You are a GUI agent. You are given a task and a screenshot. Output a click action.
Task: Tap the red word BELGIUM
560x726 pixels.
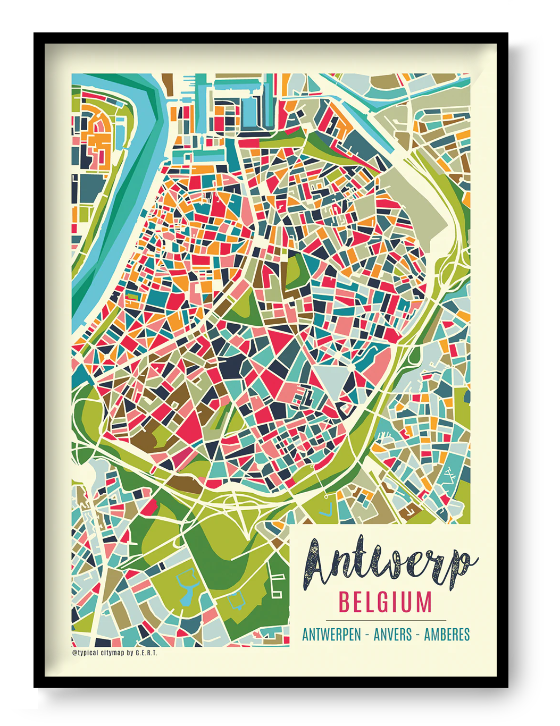point(385,603)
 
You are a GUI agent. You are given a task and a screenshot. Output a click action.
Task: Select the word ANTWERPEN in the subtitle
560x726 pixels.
point(331,635)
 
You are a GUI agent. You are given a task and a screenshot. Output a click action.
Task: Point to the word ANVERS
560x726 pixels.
point(392,635)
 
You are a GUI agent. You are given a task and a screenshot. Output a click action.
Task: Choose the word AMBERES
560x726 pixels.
point(447,635)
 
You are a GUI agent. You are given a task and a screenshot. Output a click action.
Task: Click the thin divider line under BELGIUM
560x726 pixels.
point(386,620)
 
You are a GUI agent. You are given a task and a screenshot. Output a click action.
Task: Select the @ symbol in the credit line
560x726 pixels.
point(74,653)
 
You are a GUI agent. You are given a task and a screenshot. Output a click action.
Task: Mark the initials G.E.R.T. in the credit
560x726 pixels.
point(146,653)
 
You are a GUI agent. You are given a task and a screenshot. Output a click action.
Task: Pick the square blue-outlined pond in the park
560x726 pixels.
point(236,601)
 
